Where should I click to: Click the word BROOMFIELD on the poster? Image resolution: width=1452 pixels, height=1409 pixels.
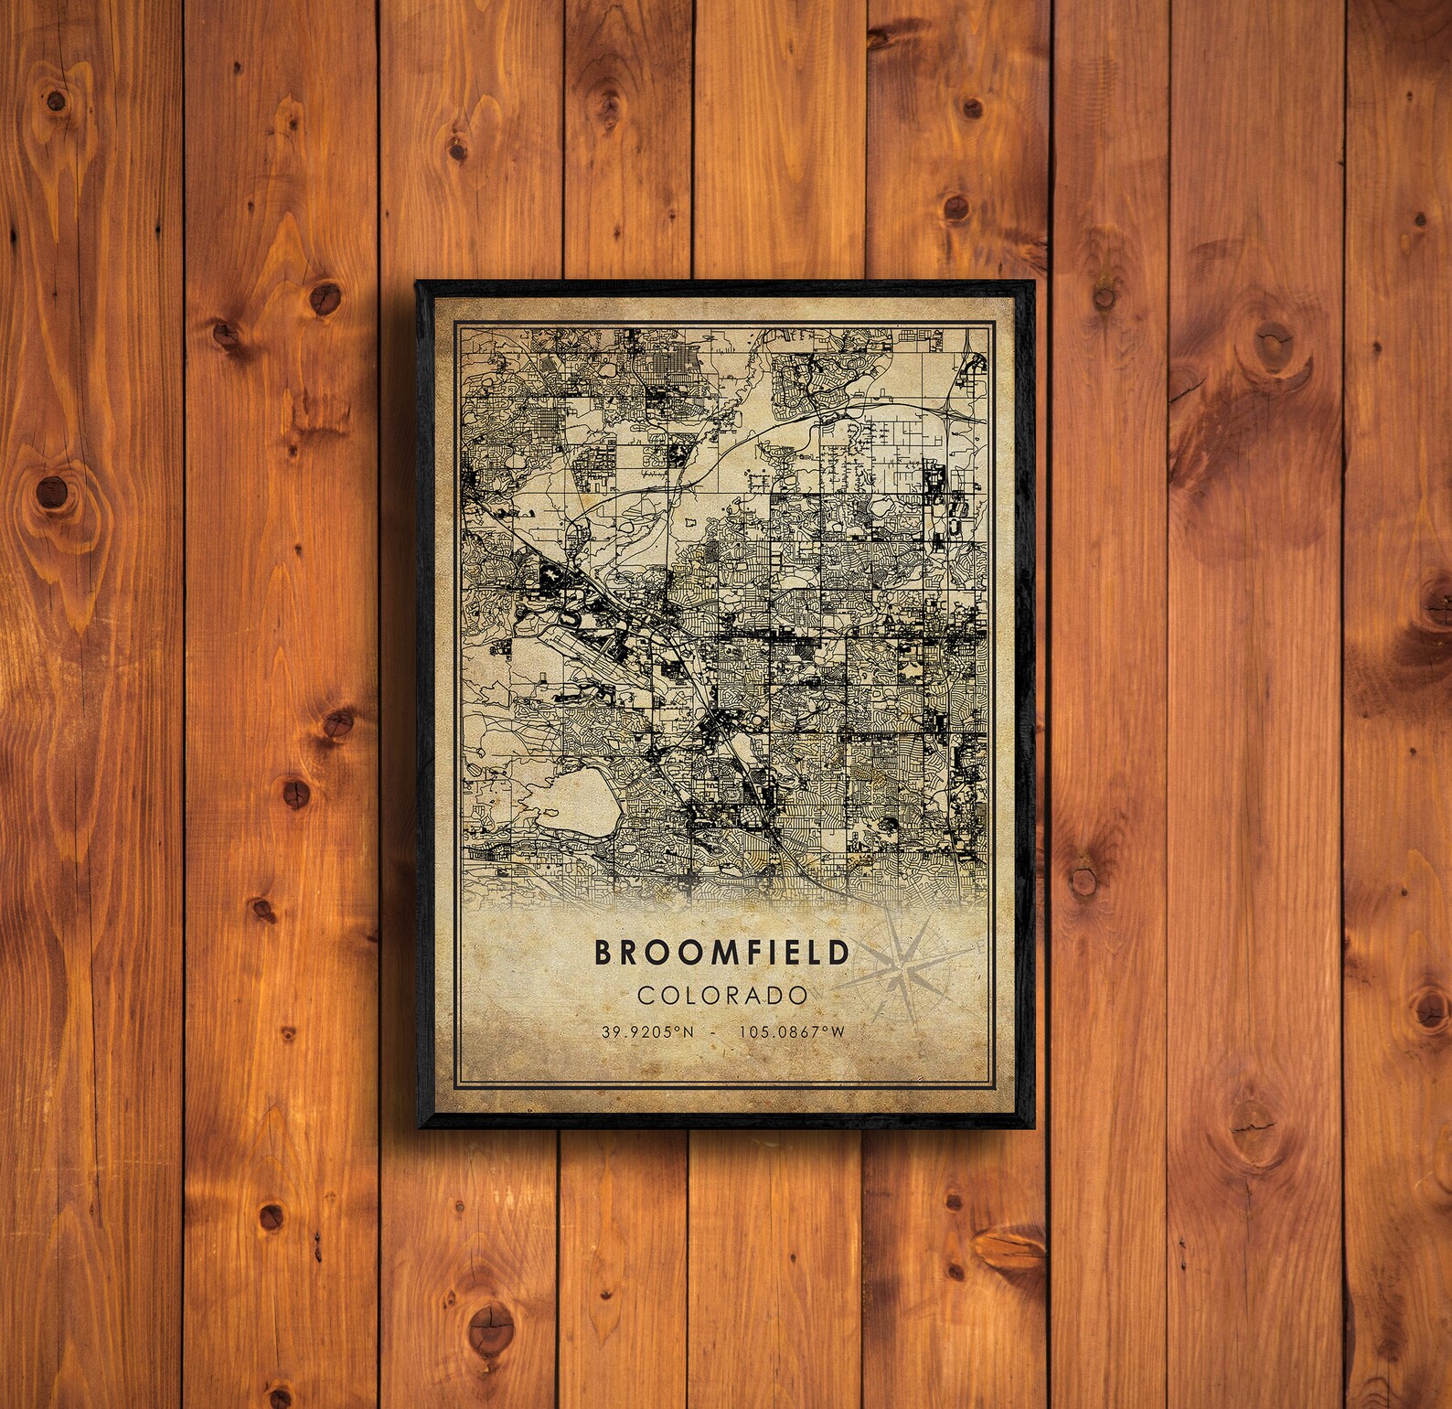pos(722,953)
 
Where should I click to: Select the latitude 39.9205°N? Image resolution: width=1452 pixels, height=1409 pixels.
pos(648,1031)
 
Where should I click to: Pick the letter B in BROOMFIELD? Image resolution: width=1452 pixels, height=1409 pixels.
pos(604,953)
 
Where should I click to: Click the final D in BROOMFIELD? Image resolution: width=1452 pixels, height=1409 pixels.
pos(838,953)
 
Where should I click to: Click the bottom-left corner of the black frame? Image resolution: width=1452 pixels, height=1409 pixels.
pos(418,1126)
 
